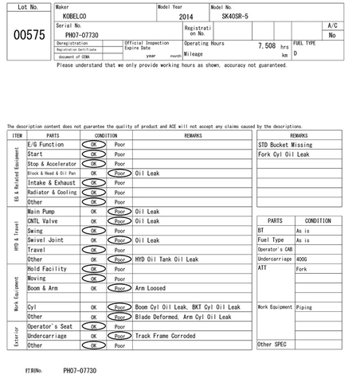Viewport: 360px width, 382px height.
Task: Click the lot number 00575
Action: pyautogui.click(x=25, y=34)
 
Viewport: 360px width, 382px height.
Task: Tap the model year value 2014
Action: pyautogui.click(x=186, y=16)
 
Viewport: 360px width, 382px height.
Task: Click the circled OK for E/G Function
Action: pyautogui.click(x=93, y=144)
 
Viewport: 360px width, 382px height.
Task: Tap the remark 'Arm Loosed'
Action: pyautogui.click(x=151, y=288)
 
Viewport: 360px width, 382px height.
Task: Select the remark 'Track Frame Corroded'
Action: pyautogui.click(x=166, y=336)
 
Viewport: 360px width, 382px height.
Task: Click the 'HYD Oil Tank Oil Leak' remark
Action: pyautogui.click(x=166, y=259)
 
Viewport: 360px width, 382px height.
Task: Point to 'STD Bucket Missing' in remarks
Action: pyautogui.click(x=285, y=144)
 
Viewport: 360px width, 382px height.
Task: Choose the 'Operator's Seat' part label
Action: pyautogui.click(x=51, y=326)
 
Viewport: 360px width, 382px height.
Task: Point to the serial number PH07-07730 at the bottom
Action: pyautogui.click(x=80, y=370)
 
